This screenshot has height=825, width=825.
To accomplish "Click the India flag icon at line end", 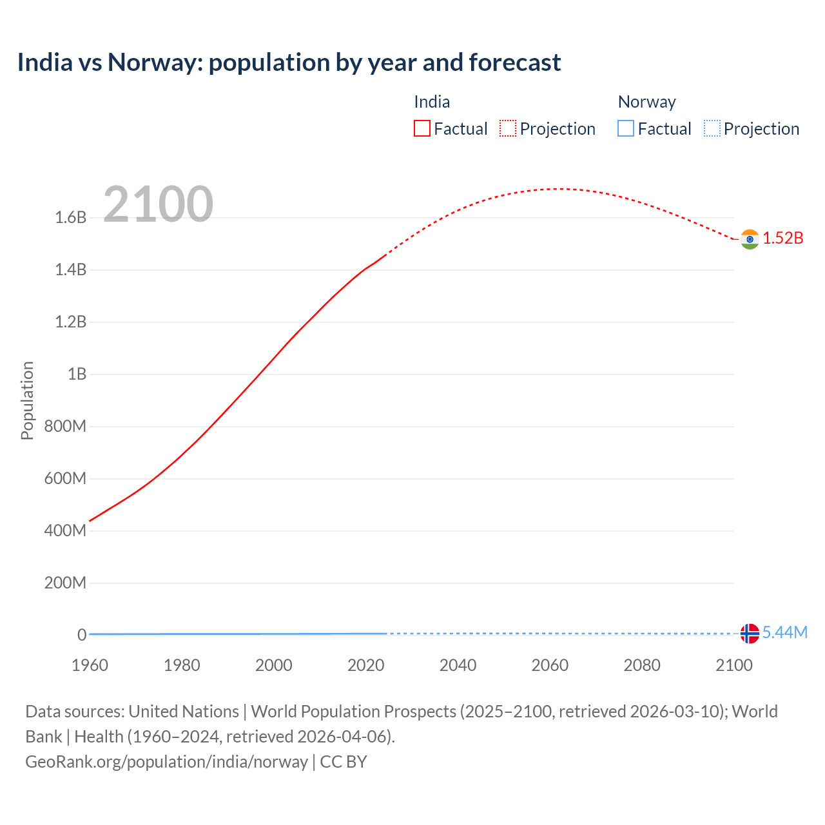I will pyautogui.click(x=750, y=239).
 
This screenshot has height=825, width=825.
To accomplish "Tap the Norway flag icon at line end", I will pyautogui.click(x=750, y=634).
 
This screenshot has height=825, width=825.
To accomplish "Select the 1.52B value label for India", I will pyautogui.click(x=783, y=238).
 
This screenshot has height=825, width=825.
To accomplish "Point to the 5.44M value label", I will pyautogui.click(x=784, y=632).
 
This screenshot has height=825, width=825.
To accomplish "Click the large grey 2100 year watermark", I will pyautogui.click(x=158, y=204).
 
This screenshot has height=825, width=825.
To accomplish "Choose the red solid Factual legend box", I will pyautogui.click(x=422, y=129).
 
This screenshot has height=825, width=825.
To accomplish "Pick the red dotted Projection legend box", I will pyautogui.click(x=508, y=129).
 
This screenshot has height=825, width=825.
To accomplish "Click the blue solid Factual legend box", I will pyautogui.click(x=626, y=129).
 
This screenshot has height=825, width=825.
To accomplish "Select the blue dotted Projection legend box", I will pyautogui.click(x=712, y=129).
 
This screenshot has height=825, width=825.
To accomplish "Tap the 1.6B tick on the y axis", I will pyautogui.click(x=71, y=218).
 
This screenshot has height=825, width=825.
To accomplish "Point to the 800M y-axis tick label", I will pyautogui.click(x=65, y=427).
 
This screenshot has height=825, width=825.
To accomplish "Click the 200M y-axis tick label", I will pyautogui.click(x=65, y=583).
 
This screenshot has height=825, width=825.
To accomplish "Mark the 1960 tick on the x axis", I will pyautogui.click(x=90, y=665).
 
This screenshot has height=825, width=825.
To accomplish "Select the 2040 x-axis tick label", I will pyautogui.click(x=458, y=665).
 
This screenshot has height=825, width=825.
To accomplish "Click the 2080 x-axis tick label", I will pyautogui.click(x=642, y=665).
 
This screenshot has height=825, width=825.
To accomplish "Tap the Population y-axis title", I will pyautogui.click(x=27, y=400).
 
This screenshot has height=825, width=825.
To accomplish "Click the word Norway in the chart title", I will pyautogui.click(x=154, y=63).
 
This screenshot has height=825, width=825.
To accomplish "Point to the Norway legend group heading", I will pyautogui.click(x=646, y=102).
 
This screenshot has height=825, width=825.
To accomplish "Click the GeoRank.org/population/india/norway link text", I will pyautogui.click(x=166, y=762).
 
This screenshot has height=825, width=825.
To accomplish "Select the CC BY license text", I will pyautogui.click(x=344, y=762).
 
